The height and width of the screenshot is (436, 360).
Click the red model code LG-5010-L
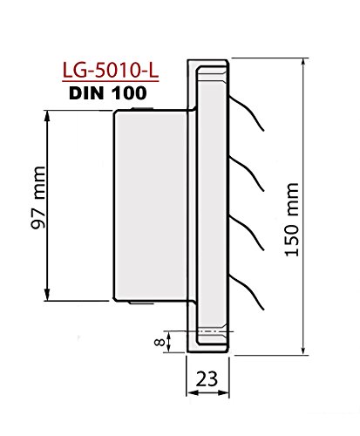click(111, 71)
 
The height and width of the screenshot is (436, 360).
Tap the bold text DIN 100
click(108, 93)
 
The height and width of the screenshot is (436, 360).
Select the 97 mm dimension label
click(38, 198)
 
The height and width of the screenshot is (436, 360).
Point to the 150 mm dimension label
click(291, 220)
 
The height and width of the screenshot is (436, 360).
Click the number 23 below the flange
click(207, 378)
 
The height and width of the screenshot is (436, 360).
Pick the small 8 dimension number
click(160, 342)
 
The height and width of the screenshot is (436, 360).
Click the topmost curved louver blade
click(247, 113)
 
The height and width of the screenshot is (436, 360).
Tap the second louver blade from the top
click(247, 174)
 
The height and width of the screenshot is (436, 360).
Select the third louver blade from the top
click(247, 233)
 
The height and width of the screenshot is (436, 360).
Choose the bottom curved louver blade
click(247, 292)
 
